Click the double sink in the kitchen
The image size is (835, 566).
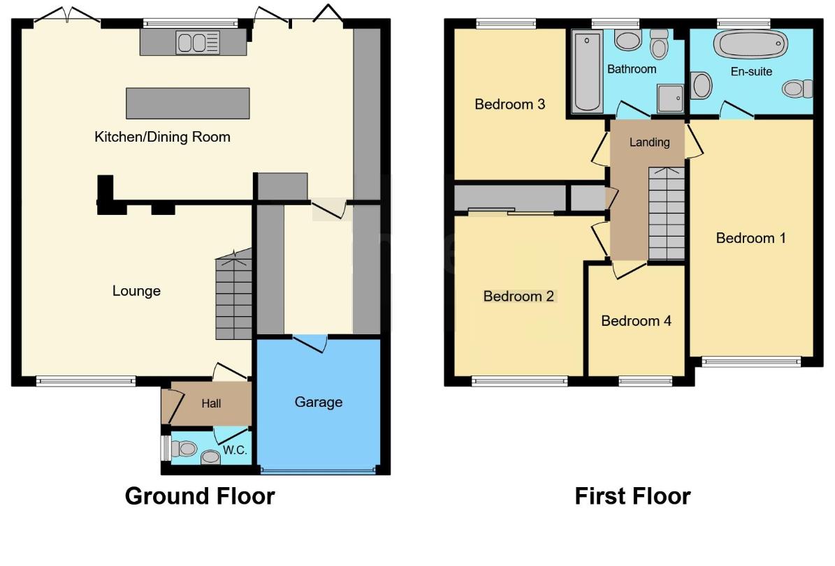click(198, 43)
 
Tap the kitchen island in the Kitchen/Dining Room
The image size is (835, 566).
click(187, 103)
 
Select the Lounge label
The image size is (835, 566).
click(136, 291)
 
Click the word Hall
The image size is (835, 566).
click(211, 403)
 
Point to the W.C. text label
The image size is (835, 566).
click(235, 451)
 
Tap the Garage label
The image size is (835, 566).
click(319, 402)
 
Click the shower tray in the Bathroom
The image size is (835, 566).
click(670, 99)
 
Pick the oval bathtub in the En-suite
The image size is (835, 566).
click(746, 45)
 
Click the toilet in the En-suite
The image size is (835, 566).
click(797, 89)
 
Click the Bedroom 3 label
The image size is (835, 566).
click(509, 105)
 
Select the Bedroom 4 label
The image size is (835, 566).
click(636, 321)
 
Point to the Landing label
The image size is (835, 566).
click(649, 142)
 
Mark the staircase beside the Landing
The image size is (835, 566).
click(666, 213)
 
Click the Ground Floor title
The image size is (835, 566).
click(199, 496)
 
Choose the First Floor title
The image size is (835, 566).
click(632, 496)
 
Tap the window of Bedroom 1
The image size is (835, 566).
click(751, 361)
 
